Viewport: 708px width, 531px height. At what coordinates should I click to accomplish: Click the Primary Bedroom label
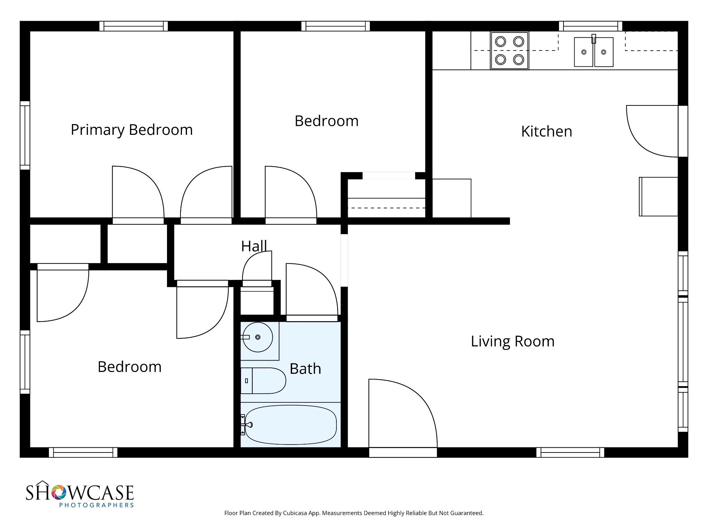(x=131, y=130)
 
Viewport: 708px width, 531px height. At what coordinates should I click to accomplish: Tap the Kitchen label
(x=546, y=132)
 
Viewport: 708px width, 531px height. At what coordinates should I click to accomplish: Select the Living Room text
(x=512, y=342)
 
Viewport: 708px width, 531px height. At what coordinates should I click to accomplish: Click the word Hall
(x=254, y=246)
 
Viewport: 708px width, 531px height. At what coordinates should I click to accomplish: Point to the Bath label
(x=305, y=369)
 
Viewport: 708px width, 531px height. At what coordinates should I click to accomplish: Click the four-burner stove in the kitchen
(x=509, y=51)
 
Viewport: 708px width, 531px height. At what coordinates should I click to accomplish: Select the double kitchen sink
(x=594, y=52)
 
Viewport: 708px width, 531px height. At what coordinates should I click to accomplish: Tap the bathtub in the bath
(x=290, y=425)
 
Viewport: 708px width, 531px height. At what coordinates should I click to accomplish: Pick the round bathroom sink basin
(x=258, y=337)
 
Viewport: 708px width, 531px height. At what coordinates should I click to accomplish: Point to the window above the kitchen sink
(x=590, y=26)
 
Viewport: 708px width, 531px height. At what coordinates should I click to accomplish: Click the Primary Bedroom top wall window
(x=133, y=26)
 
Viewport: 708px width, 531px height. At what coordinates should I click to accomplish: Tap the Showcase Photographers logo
(x=80, y=495)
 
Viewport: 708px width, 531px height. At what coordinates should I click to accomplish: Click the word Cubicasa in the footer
(x=296, y=513)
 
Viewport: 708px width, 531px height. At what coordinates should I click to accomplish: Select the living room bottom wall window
(x=570, y=452)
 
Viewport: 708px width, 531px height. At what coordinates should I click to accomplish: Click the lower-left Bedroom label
(x=129, y=367)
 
